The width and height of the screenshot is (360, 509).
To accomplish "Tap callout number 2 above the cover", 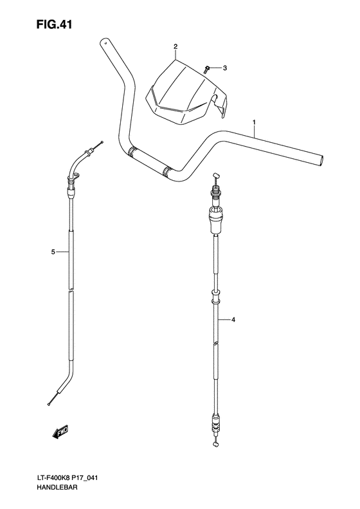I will click(x=175, y=47).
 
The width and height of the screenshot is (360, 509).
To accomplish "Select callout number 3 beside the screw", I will click(x=226, y=67).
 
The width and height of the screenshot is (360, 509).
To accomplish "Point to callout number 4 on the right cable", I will click(x=234, y=319).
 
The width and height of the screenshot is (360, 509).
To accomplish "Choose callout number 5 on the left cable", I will click(x=53, y=252).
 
